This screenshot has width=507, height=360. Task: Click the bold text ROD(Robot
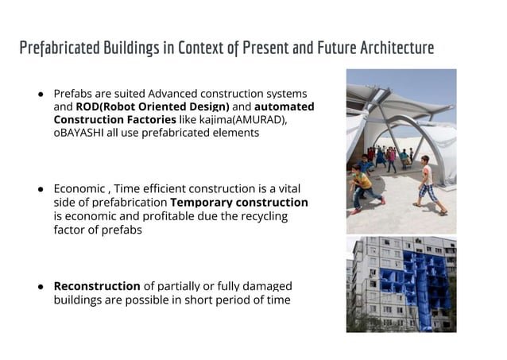pos(103,106)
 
